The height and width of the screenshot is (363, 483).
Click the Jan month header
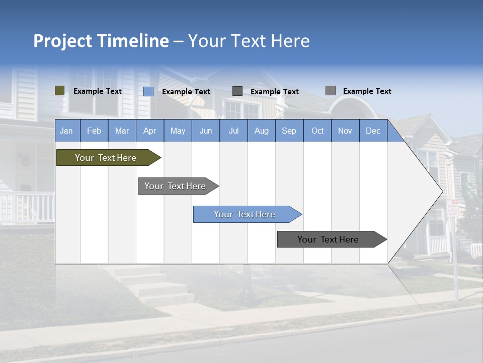(67, 131)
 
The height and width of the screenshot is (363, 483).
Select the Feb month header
(94, 131)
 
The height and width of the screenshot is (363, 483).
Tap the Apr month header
(150, 131)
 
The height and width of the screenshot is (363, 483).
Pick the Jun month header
(206, 131)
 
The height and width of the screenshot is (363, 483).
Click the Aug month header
(262, 131)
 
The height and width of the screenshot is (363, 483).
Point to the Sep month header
(289, 131)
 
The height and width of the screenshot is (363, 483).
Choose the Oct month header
(317, 131)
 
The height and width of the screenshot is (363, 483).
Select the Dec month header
(373, 131)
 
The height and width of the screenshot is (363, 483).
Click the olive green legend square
(60, 91)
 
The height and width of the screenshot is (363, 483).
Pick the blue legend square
(148, 91)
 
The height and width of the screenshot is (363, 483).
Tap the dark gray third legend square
(237, 91)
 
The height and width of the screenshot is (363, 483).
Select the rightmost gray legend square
(331, 91)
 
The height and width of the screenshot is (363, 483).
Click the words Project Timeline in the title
(101, 41)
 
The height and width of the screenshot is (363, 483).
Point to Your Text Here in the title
(249, 41)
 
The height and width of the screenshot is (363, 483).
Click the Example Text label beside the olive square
(98, 91)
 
